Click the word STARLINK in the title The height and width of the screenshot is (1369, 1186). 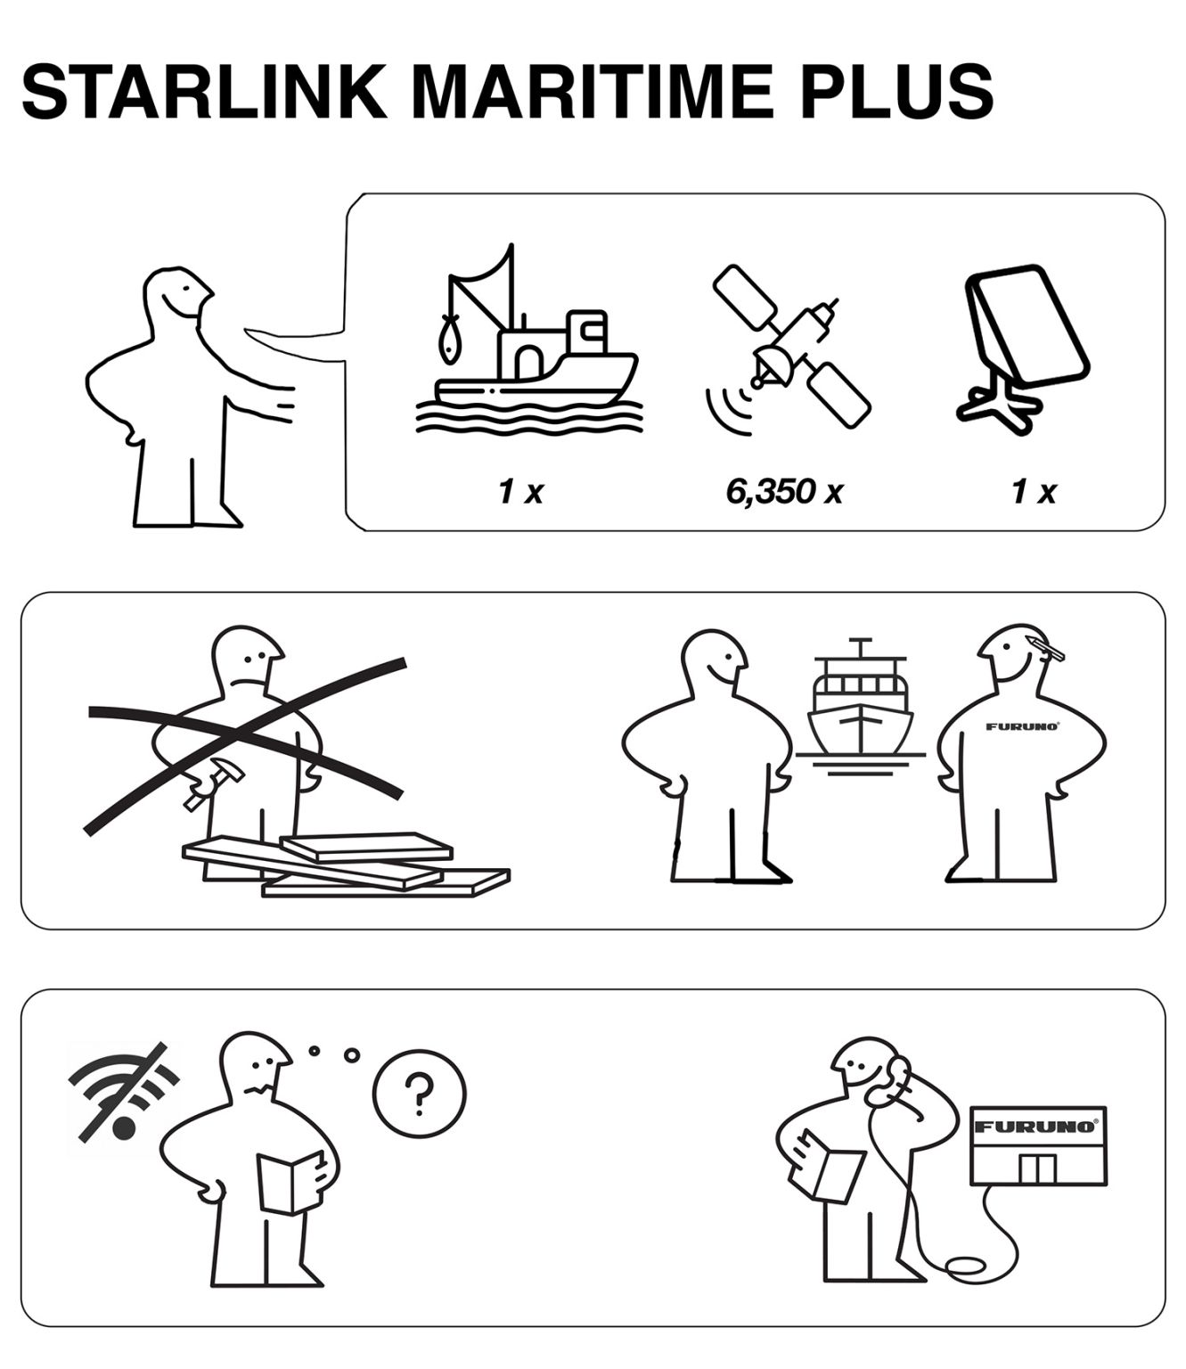coord(204,92)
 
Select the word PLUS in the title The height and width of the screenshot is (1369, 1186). coord(896,92)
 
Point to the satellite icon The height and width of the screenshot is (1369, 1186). coord(788,347)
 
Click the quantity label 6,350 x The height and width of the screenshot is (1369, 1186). coord(784,491)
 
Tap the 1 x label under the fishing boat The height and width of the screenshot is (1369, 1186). coord(520,491)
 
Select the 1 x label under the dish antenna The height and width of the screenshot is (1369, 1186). coord(1034,491)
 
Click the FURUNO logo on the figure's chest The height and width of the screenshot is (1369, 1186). coord(1023,727)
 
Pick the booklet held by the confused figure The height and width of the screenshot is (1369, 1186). coord(290,1182)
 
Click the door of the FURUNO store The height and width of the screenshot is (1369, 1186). coord(1036,1168)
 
